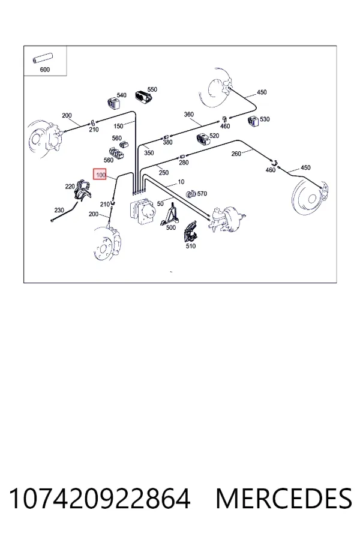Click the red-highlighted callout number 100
point(101,175)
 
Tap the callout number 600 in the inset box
point(45,70)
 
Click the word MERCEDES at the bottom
point(284,499)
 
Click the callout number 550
point(152,89)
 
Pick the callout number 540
point(121,95)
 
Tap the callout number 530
point(265,119)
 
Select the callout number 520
point(214,136)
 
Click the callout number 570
point(202,194)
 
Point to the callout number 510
point(191,246)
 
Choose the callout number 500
point(171,227)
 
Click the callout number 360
point(189,115)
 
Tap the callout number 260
point(236,154)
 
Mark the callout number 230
point(59,210)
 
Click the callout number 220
point(70,187)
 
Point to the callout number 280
point(184,162)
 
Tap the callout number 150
point(118,126)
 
